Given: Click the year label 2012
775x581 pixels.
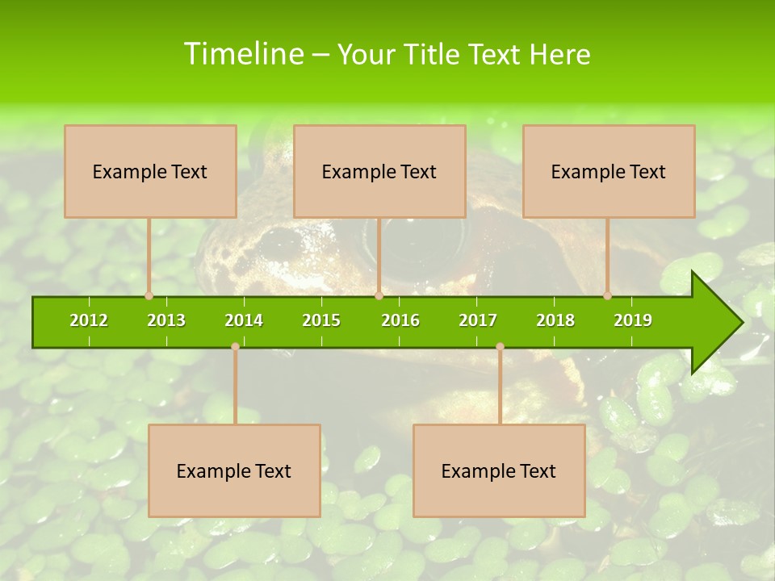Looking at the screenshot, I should tap(89, 320).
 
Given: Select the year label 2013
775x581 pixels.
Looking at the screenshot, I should tap(166, 320).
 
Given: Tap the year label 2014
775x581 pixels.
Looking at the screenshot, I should tap(244, 320).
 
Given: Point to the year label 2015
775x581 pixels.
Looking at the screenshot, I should tap(321, 320).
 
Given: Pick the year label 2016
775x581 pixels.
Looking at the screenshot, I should tap(400, 320).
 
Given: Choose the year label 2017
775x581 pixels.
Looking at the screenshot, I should tap(478, 320).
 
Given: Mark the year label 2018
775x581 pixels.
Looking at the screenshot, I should tap(555, 320).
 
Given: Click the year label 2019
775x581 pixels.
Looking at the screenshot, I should tap(633, 320).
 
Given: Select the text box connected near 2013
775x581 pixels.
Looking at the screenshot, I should tap(150, 171).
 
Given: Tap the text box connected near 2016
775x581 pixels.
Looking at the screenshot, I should tap(379, 171).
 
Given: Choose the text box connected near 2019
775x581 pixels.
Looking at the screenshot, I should tap(609, 171).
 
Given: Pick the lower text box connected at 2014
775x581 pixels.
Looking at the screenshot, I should tap(234, 470).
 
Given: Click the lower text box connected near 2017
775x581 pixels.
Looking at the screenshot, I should tap(499, 470).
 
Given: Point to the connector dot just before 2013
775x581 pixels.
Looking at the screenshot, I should tap(149, 296).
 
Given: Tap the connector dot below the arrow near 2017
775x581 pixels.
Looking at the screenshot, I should tap(500, 347).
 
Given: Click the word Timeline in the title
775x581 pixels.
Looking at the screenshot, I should tap(242, 54).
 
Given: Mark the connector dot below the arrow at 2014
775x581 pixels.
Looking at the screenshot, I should tap(235, 347).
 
